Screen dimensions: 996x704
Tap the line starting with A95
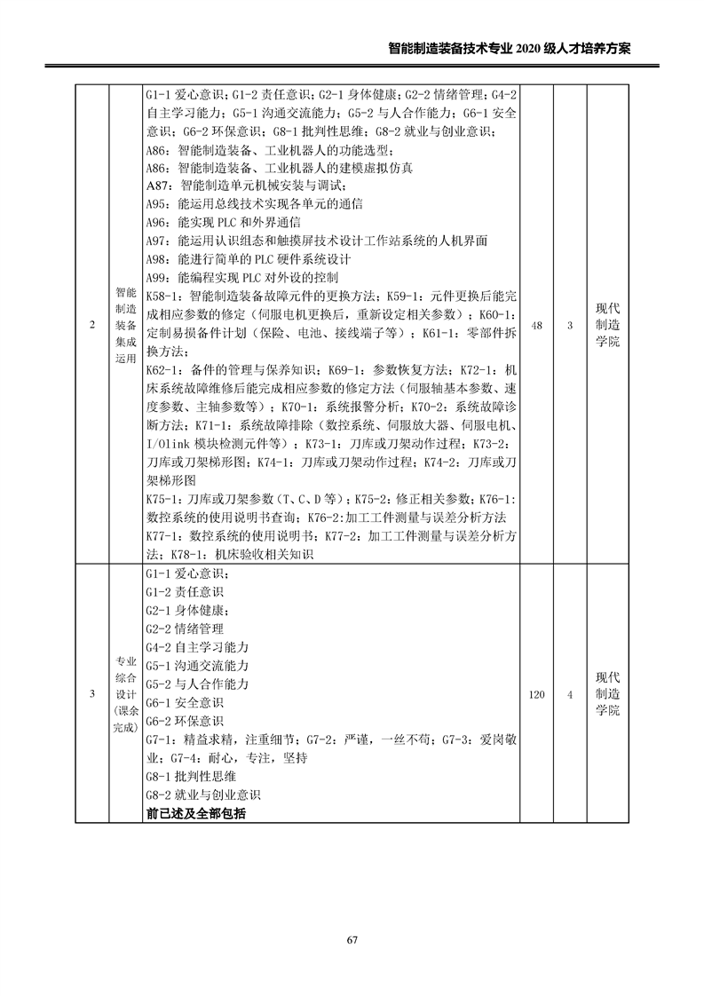click(x=254, y=203)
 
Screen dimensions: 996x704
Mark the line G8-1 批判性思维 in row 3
click(x=190, y=776)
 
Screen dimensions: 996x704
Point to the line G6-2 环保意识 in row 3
click(x=184, y=720)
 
